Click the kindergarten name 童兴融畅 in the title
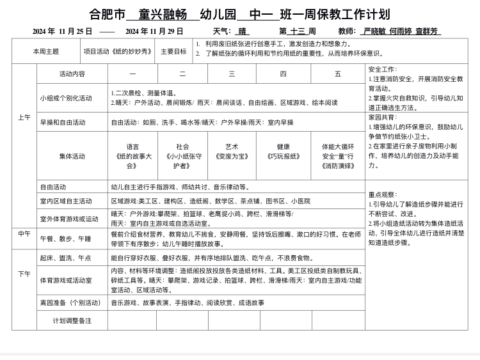[159, 14]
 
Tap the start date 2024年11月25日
[63, 31]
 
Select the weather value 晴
[243, 31]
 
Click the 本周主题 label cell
[45, 51]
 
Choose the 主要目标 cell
[173, 51]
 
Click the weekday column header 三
[232, 74]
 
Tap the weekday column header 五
[338, 74]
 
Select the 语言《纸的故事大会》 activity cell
[132, 156]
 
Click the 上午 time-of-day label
[24, 118]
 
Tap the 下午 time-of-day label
[24, 274]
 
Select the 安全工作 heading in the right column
[383, 69]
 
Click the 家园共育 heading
[383, 118]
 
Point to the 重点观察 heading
[383, 194]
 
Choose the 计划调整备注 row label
[72, 320]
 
